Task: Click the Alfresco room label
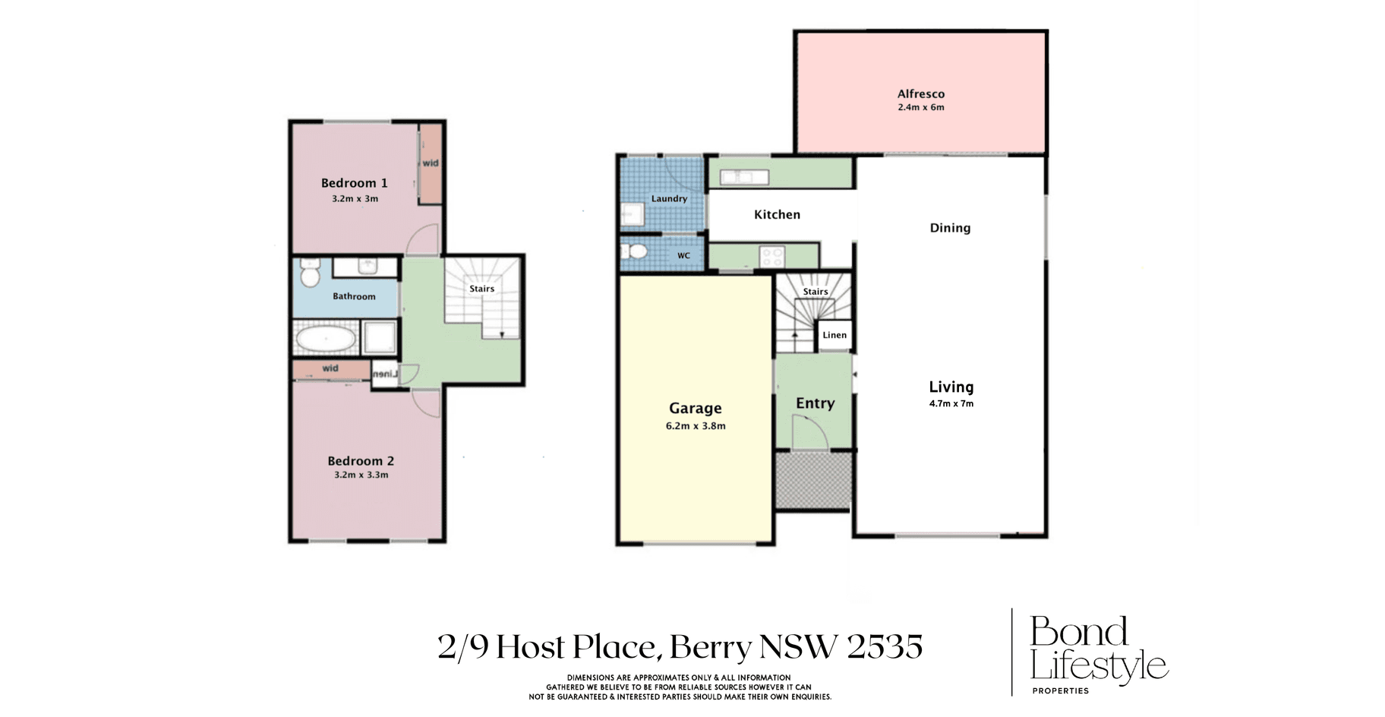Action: (x=920, y=94)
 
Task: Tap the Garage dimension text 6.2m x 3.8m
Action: (x=696, y=426)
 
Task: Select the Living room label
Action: (x=951, y=387)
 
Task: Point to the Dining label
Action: (x=950, y=228)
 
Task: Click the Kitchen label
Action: (x=777, y=215)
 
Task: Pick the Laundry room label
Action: (x=669, y=199)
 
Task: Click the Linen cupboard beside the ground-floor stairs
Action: (x=834, y=335)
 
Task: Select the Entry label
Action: (x=815, y=403)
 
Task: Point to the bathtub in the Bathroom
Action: (x=326, y=339)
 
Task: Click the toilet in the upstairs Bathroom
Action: (x=310, y=273)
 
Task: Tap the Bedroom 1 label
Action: (x=354, y=183)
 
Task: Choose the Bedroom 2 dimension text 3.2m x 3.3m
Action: (x=361, y=475)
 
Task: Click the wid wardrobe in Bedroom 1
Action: (x=431, y=163)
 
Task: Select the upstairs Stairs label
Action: (x=481, y=289)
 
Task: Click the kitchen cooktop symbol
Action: (x=771, y=257)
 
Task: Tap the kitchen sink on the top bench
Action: (x=744, y=177)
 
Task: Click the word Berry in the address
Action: (x=711, y=648)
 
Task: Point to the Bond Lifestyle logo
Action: (x=1098, y=652)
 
